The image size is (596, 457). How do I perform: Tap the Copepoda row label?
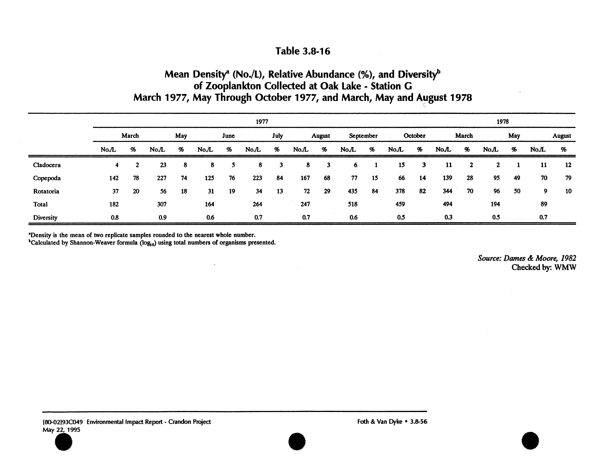pos(47,178)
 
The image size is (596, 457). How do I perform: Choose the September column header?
pos(363,136)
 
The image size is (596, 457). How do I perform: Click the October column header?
pos(414,136)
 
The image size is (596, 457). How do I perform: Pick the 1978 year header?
pos(502,122)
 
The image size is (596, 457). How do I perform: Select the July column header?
pos(277,136)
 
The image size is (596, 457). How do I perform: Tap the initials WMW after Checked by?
pos(565,267)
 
